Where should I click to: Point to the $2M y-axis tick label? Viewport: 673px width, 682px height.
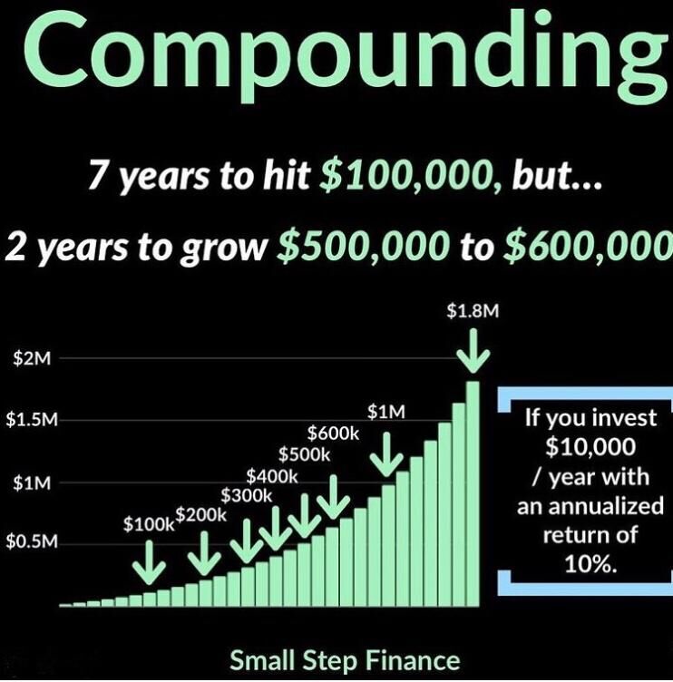tap(31, 359)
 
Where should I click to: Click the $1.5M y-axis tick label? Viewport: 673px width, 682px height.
tap(31, 421)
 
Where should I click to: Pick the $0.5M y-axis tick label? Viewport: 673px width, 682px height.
tap(31, 542)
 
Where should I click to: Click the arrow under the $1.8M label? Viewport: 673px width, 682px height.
tap(473, 352)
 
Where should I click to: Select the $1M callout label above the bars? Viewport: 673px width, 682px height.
tap(385, 412)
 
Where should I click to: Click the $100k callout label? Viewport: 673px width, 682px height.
tap(147, 524)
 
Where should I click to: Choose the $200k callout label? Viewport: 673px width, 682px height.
tap(200, 515)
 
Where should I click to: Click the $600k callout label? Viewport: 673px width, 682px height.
tap(333, 434)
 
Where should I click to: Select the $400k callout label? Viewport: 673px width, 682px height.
tap(272, 475)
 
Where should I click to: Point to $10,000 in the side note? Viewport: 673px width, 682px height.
tap(590, 447)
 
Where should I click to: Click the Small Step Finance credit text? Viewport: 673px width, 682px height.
tap(345, 659)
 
